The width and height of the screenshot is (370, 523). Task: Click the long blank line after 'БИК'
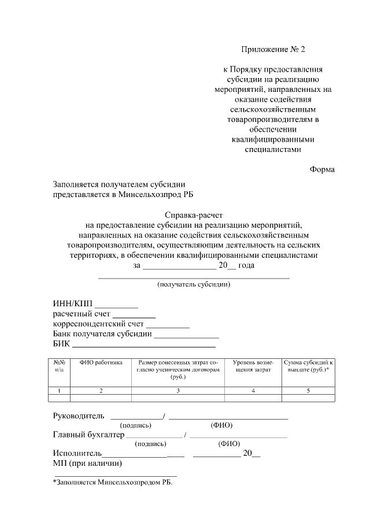click(x=143, y=346)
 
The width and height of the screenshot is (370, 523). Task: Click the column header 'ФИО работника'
click(x=101, y=363)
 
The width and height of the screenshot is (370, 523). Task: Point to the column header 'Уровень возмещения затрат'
click(x=253, y=366)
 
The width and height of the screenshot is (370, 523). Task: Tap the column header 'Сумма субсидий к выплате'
click(x=308, y=366)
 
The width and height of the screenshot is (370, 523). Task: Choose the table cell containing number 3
click(x=178, y=391)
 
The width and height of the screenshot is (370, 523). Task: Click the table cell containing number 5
click(x=308, y=391)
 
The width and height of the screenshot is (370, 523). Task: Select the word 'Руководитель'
click(x=78, y=416)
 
